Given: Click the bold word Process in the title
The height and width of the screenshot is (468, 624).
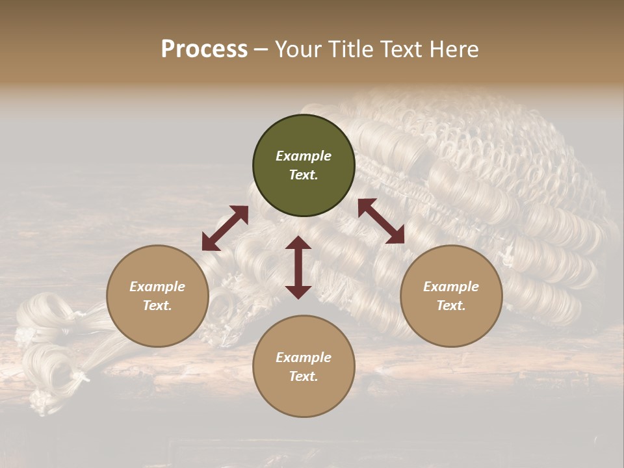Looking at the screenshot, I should (204, 49).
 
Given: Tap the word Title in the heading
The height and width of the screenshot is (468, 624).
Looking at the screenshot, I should (355, 49).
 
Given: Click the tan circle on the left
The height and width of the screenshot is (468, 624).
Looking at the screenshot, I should (157, 296).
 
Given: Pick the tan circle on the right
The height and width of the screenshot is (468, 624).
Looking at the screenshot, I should (451, 296).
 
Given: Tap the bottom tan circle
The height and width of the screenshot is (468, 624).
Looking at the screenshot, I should (304, 366).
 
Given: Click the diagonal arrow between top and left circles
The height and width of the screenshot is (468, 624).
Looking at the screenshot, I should (225, 228).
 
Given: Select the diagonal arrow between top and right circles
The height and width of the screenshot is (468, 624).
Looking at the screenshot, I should (381, 221).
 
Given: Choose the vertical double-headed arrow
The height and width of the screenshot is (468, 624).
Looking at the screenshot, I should (298, 267).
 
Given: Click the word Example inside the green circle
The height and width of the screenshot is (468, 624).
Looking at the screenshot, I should (304, 156).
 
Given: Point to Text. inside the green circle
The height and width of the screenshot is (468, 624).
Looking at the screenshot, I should (304, 175).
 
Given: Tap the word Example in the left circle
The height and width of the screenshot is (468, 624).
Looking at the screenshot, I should (157, 287).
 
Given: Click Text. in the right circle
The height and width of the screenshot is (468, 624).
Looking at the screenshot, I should (451, 305).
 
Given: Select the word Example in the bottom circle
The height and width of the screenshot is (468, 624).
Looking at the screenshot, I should (304, 357).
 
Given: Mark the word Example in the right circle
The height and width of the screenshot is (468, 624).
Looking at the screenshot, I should (451, 287).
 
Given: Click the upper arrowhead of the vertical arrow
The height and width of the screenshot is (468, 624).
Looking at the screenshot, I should (298, 242).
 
